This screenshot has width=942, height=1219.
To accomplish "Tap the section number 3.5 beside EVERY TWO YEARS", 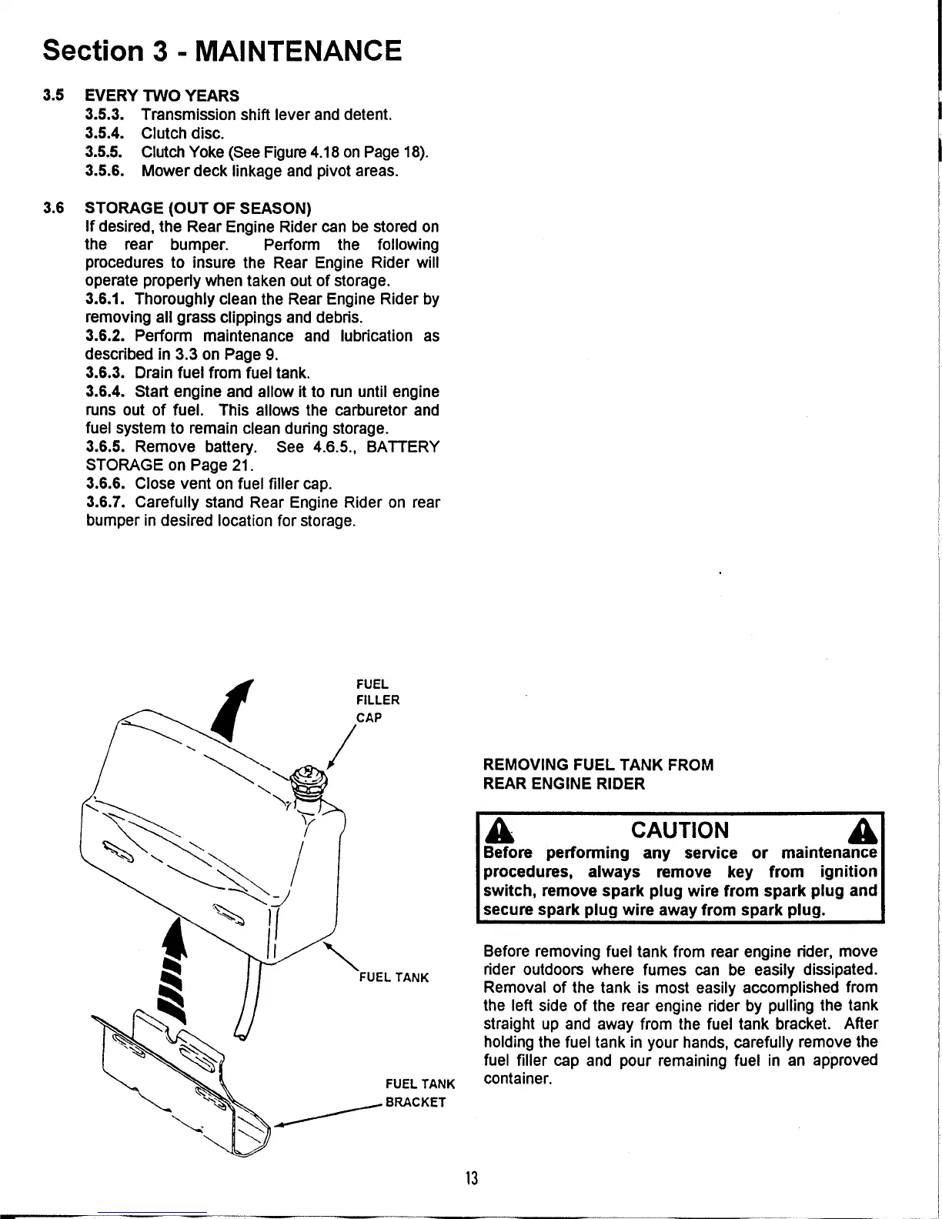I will [53, 96].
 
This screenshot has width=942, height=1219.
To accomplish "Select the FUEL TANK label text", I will [394, 978].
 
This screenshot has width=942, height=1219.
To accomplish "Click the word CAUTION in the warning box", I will [680, 830].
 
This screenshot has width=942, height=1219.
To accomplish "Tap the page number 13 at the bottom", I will [472, 1178].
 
